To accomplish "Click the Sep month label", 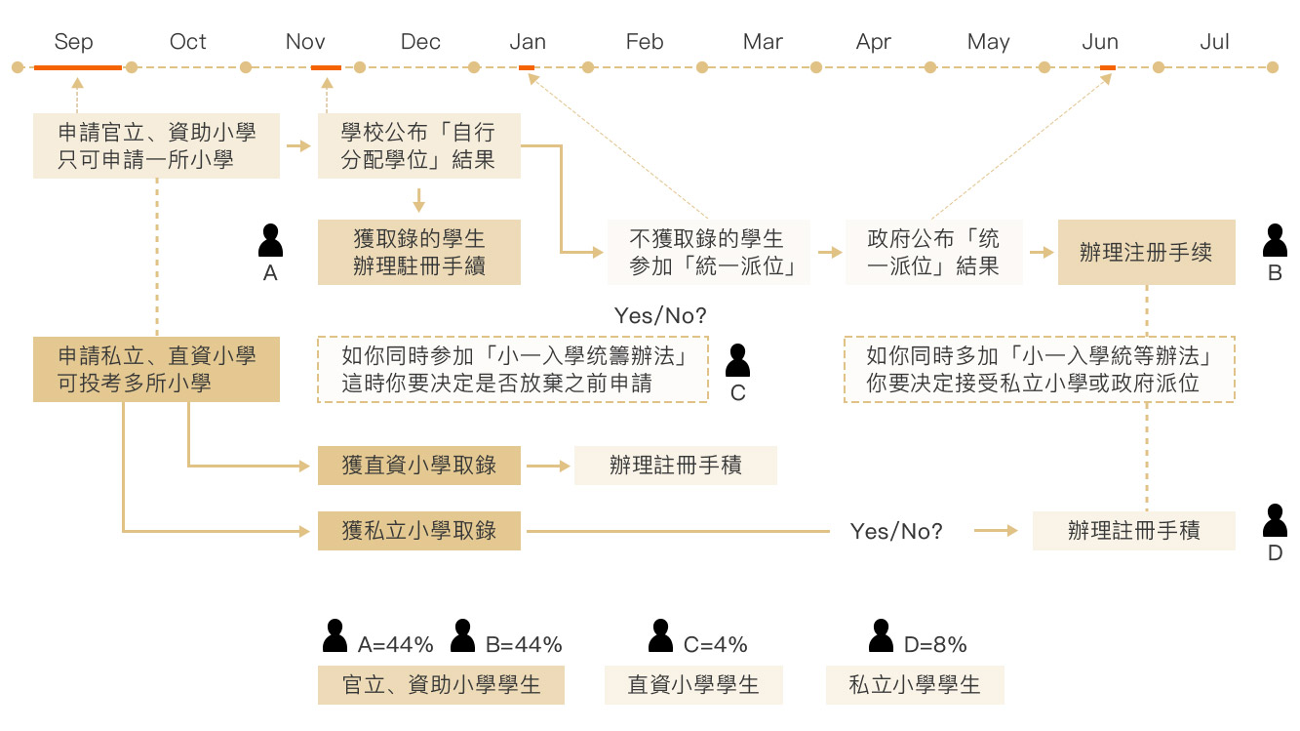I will pos(74,42).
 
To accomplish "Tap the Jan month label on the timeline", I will pos(528,42).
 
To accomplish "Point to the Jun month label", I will pos(1100,42).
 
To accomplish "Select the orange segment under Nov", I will pos(326,67).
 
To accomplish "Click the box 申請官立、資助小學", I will pos(156,145).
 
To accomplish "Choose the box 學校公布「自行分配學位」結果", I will pos(418,145).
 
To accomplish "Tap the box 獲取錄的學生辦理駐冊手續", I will pos(418,252).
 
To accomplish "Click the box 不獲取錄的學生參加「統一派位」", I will pos(708,252).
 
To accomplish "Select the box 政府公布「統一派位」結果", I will pos(933,252).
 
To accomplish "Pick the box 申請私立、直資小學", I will pos(156,369).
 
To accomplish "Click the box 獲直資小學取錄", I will pos(418,466).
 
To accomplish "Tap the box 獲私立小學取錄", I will pos(418,531).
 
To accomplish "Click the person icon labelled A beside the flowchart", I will pos(270,240).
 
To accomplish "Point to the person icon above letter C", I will pos(738,360).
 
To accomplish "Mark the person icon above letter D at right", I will pos(1275,521).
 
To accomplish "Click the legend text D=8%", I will pos(934,644).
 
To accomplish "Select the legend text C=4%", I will pos(715,644).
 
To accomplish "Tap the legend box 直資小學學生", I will pos(693,685).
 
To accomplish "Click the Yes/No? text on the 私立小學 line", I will pos(896,531).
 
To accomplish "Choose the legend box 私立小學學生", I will pos(915,685).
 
